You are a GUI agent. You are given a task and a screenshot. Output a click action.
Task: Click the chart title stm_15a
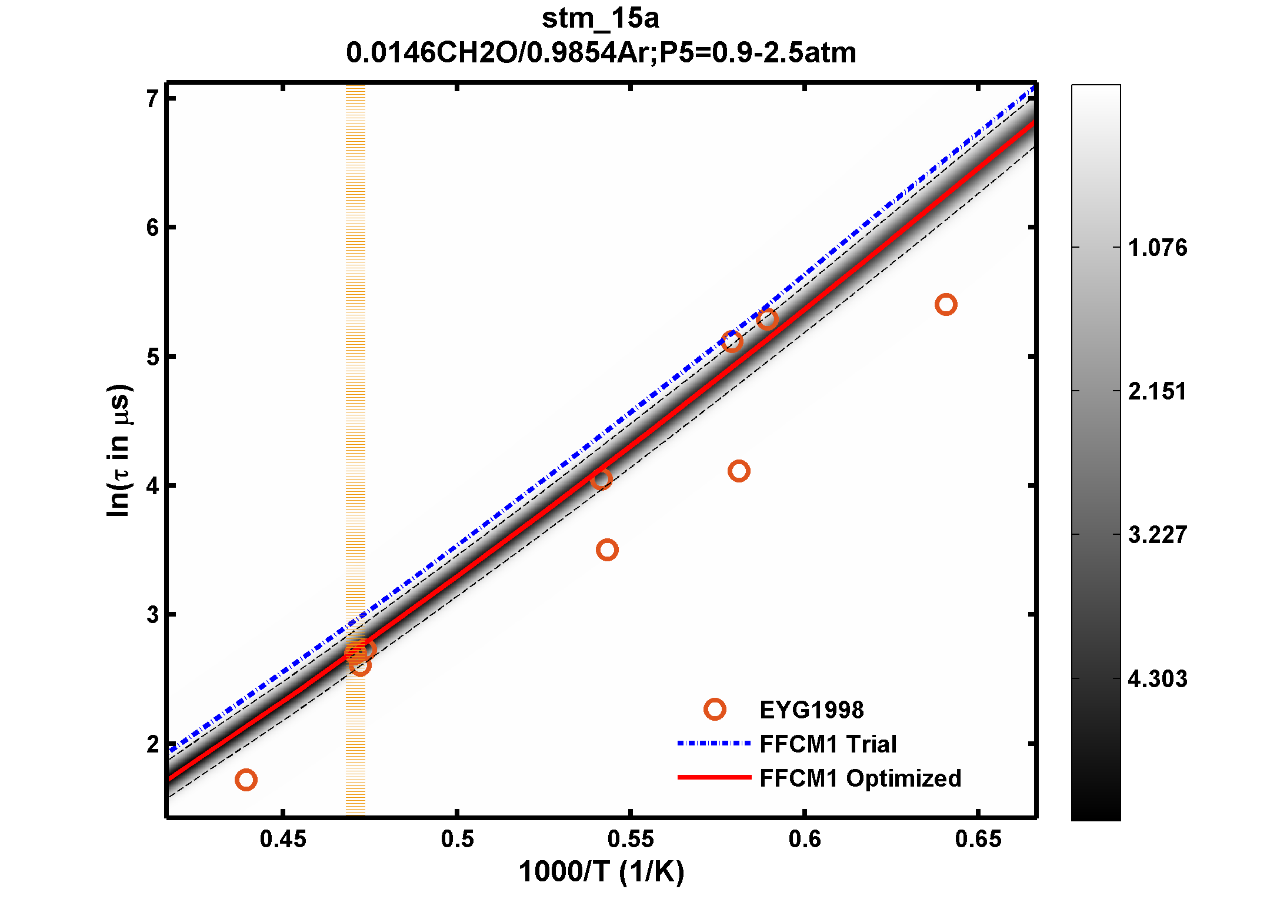600,19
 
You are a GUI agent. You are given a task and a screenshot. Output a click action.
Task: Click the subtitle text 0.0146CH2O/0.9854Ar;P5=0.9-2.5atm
601,53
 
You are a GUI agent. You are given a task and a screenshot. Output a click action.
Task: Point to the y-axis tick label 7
152,98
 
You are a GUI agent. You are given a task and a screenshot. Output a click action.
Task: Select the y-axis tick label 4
152,486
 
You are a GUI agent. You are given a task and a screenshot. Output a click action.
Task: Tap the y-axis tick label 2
152,744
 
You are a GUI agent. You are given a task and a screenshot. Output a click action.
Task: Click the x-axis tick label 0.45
283,839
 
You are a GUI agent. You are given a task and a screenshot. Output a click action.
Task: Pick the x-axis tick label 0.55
630,839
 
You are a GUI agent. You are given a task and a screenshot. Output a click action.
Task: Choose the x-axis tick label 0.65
978,839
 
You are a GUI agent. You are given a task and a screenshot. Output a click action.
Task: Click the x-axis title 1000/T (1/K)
601,871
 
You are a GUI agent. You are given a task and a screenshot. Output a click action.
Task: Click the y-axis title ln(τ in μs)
119,451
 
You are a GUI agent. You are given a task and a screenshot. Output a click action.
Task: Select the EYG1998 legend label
811,710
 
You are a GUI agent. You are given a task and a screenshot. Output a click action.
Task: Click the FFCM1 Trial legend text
828,744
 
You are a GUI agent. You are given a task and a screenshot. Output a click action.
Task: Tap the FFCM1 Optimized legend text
860,778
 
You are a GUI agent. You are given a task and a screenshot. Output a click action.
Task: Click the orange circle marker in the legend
715,710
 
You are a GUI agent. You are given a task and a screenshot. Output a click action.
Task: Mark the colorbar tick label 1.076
1157,248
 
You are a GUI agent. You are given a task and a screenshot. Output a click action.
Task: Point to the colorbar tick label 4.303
1157,679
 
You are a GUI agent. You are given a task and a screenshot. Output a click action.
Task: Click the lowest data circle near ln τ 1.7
246,780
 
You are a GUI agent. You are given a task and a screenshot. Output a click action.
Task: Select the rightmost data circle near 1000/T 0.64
945,305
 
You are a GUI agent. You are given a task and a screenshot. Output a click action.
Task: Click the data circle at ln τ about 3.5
607,550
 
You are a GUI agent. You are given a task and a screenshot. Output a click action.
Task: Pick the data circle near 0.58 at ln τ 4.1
739,471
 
